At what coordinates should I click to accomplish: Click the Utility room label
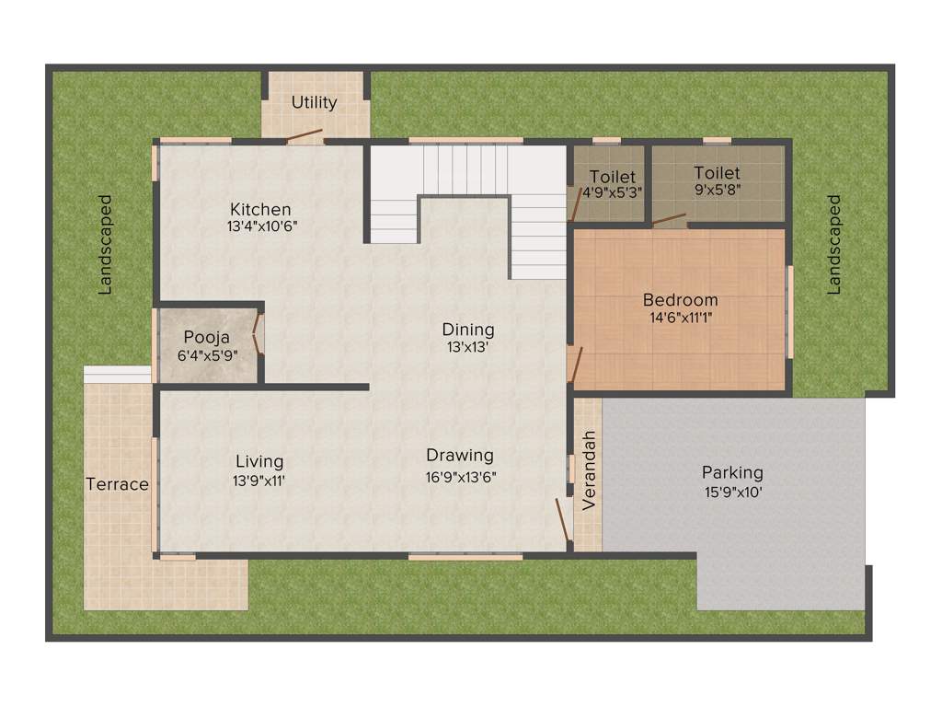pyautogui.click(x=315, y=102)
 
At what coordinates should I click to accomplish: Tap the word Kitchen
pyautogui.click(x=260, y=209)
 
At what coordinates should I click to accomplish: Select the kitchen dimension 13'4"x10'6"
pyautogui.click(x=260, y=226)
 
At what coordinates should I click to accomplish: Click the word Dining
pyautogui.click(x=468, y=330)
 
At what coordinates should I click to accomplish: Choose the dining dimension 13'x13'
pyautogui.click(x=468, y=347)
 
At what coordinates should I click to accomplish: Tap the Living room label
pyautogui.click(x=259, y=461)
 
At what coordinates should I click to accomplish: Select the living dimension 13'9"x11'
pyautogui.click(x=259, y=479)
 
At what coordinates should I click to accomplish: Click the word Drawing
pyautogui.click(x=460, y=456)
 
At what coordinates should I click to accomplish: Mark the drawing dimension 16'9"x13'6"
pyautogui.click(x=460, y=477)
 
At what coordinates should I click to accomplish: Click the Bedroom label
pyautogui.click(x=680, y=300)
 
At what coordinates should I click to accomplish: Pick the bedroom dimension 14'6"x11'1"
pyautogui.click(x=680, y=318)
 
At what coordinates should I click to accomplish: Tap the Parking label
pyautogui.click(x=732, y=472)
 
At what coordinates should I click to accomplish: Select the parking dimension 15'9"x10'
pyautogui.click(x=732, y=492)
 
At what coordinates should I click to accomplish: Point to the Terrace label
pyautogui.click(x=117, y=484)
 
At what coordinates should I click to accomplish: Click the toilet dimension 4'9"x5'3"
pyautogui.click(x=613, y=193)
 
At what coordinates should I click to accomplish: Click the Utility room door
pyautogui.click(x=303, y=137)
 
